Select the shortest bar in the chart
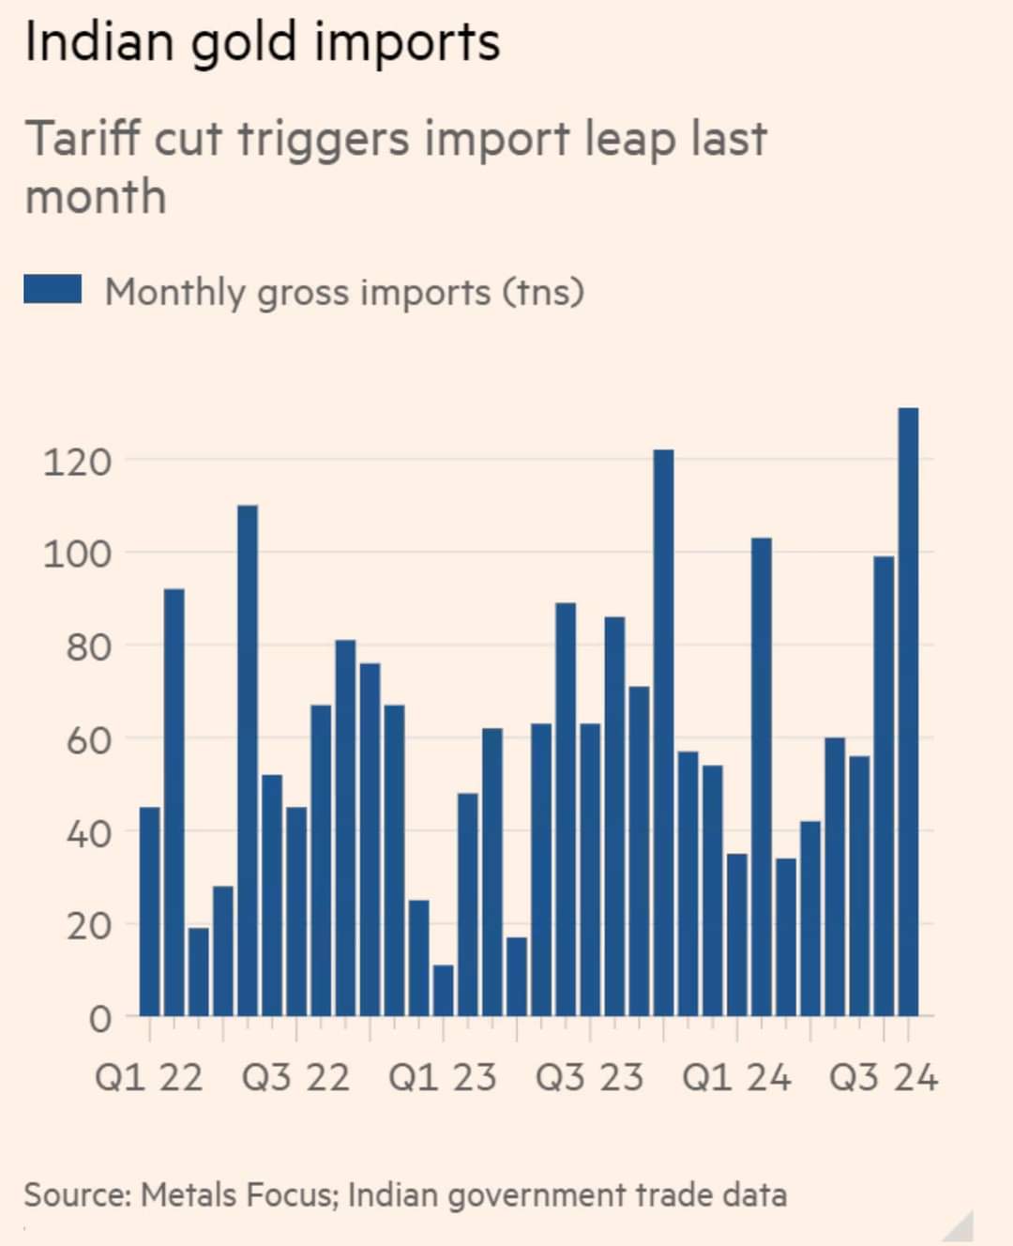tap(444, 990)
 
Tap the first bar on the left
tap(150, 911)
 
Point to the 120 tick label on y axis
tap(77, 462)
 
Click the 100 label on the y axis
tap(77, 554)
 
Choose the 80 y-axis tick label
tap(87, 646)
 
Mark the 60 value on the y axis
tap(87, 739)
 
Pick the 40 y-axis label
tap(87, 832)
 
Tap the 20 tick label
tap(87, 925)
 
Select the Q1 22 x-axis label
tap(148, 1077)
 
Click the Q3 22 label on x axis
tap(295, 1077)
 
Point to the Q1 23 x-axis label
tap(442, 1077)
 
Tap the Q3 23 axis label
tap(589, 1077)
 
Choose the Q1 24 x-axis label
tap(736, 1077)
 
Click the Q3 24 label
tap(883, 1077)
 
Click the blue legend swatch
tap(53, 290)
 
